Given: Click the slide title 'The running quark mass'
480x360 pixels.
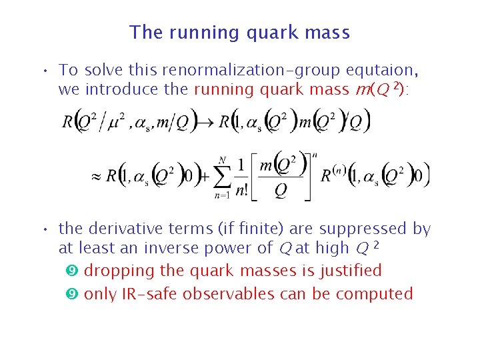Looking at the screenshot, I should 239,32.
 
